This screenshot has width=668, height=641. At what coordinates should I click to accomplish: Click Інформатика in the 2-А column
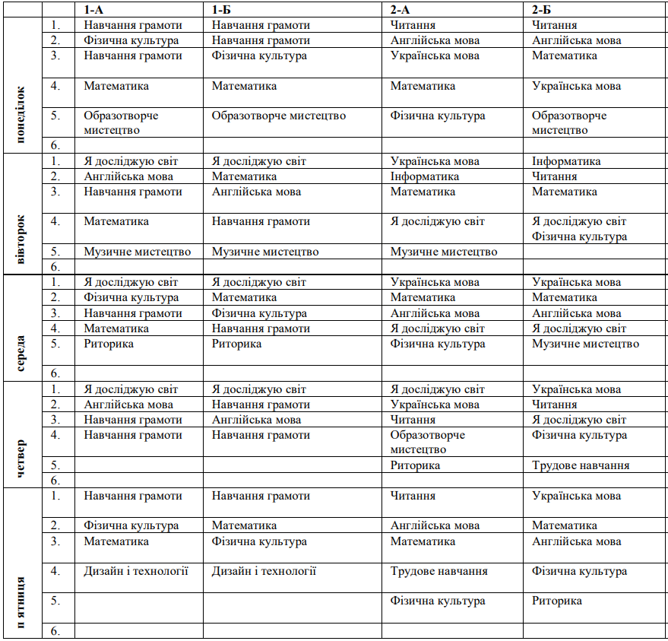point(425,176)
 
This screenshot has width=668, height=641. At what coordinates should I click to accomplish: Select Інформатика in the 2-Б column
point(566,161)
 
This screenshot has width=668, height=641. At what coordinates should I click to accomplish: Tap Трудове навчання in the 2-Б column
point(581,465)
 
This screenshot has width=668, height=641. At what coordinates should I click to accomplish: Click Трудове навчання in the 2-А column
point(439,571)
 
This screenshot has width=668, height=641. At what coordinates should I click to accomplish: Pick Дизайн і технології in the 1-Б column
point(264,571)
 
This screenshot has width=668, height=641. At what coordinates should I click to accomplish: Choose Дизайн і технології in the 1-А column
point(136,571)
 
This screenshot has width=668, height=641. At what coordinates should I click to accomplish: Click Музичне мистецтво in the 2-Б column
point(586,344)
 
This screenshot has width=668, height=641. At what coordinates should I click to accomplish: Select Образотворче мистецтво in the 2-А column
point(428,442)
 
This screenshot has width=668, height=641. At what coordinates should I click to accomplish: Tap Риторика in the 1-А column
point(109,344)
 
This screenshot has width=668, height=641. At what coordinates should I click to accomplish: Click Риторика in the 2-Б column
point(557,601)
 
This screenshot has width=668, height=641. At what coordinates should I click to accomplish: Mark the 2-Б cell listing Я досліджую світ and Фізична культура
point(579,229)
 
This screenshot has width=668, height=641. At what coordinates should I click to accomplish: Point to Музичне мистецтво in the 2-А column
point(444,252)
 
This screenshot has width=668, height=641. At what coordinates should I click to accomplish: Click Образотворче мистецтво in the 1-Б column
point(279,116)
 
